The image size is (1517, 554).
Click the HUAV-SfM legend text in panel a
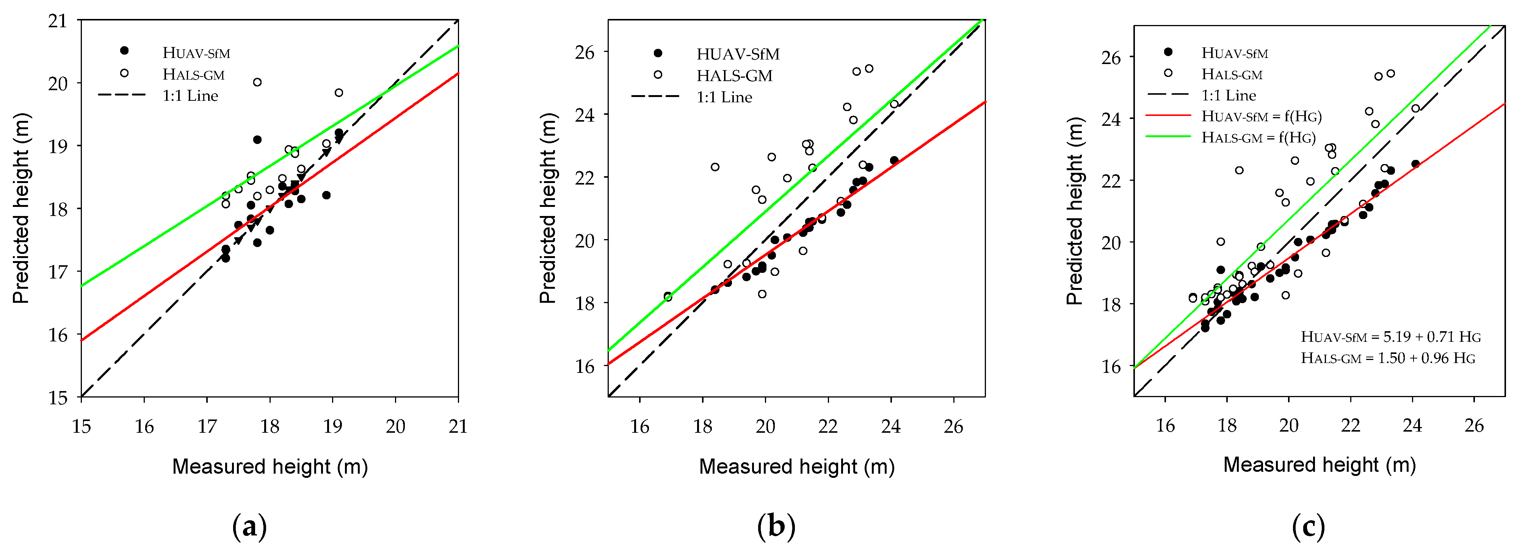pos(196,53)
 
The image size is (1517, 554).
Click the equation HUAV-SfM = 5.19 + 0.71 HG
pos(1390,337)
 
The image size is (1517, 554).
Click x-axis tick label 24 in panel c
pos(1412,425)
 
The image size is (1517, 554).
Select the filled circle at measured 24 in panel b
pos(894,160)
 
